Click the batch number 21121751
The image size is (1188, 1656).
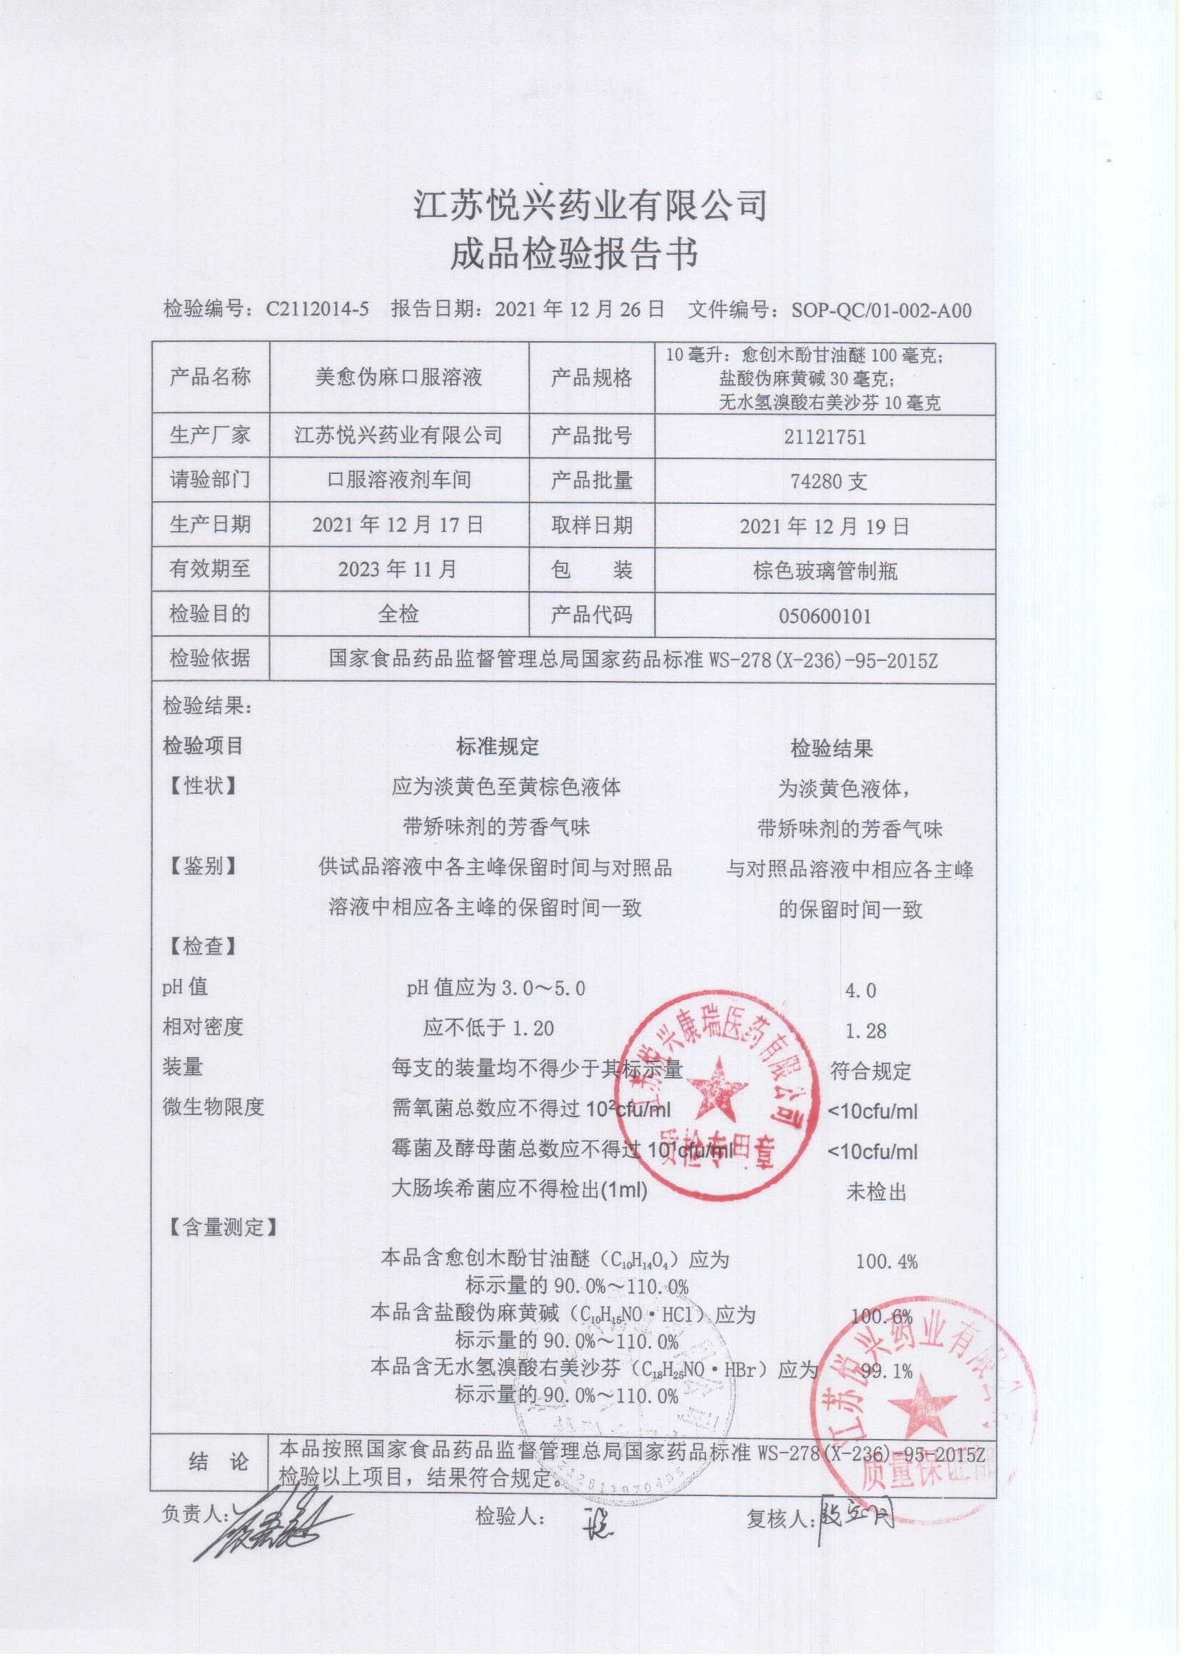point(825,437)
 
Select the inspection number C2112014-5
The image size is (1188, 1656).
point(317,310)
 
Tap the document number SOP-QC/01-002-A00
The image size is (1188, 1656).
point(881,310)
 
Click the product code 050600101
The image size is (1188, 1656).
point(825,615)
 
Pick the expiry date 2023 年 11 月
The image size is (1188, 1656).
point(397,569)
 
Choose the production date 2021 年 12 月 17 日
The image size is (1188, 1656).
point(397,524)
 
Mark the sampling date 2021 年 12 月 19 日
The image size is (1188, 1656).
point(825,526)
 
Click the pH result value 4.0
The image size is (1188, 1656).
point(860,990)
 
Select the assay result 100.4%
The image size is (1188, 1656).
point(887,1261)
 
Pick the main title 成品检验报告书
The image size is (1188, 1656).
point(574,253)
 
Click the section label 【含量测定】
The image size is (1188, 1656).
point(220,1227)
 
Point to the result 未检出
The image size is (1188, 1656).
point(875,1192)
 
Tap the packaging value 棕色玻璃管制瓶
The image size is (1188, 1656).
point(825,570)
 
